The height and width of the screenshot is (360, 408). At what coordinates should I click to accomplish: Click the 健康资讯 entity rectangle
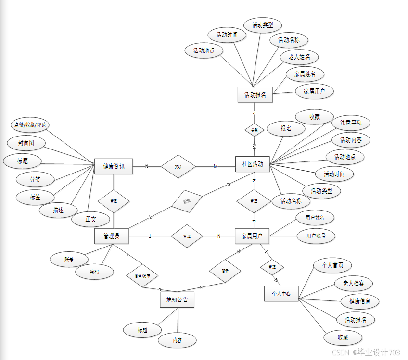(x=114, y=166)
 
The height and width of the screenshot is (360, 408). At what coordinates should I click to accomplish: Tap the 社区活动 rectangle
(x=253, y=164)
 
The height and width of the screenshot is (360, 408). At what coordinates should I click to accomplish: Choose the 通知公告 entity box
(x=177, y=300)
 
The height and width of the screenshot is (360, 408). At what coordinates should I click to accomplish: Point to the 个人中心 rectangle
(x=281, y=293)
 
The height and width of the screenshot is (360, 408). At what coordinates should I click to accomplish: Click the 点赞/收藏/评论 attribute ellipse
(x=30, y=125)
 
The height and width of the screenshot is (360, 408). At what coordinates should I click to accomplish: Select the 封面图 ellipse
(x=26, y=143)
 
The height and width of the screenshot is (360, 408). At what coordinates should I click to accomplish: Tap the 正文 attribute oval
(x=90, y=219)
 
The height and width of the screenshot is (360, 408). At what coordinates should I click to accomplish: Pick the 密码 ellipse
(x=95, y=272)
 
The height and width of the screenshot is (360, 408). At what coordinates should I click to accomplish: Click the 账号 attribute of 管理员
(x=69, y=259)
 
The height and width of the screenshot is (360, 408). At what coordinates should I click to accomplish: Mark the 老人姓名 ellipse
(x=299, y=57)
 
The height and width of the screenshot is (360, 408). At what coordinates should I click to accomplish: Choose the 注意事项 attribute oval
(x=351, y=123)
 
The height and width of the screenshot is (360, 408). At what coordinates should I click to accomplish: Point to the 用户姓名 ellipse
(x=315, y=218)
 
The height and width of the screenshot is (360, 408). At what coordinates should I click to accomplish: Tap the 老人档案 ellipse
(x=353, y=283)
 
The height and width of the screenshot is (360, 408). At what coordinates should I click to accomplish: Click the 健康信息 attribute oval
(x=360, y=301)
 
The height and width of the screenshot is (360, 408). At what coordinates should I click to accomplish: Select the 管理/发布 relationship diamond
(x=142, y=276)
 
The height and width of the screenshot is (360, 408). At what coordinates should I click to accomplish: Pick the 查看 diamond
(x=225, y=271)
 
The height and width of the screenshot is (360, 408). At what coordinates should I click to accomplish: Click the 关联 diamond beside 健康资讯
(x=178, y=166)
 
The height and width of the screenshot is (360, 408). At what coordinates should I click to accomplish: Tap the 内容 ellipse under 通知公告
(x=177, y=340)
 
